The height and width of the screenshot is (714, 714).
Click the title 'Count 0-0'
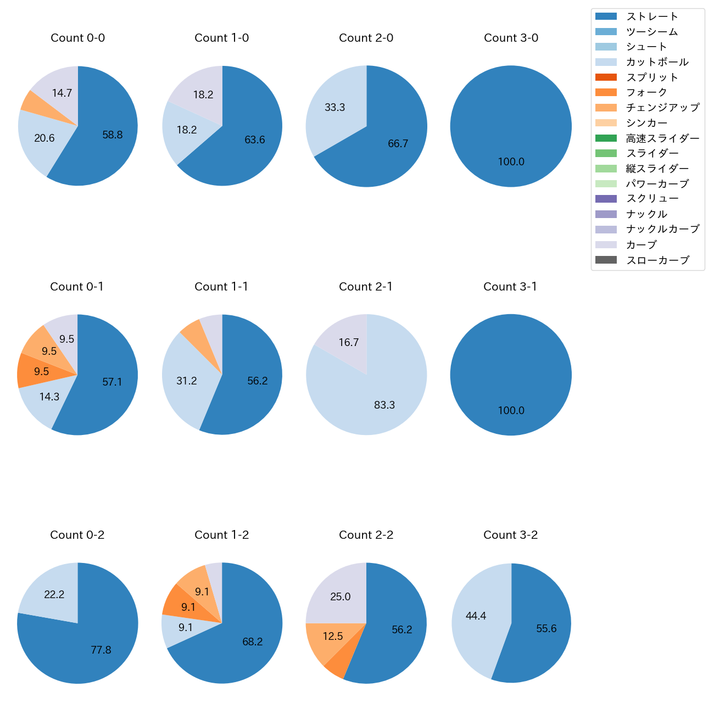click(77, 38)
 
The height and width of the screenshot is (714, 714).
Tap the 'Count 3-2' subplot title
click(510, 535)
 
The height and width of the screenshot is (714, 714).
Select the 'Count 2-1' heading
click(366, 287)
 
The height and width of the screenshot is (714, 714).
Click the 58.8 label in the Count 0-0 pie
click(113, 135)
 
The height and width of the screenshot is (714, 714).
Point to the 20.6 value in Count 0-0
click(44, 138)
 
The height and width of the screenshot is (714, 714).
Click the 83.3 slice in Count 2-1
click(384, 405)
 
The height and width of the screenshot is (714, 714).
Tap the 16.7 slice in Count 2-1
click(349, 343)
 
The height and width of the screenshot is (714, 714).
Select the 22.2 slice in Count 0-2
click(54, 594)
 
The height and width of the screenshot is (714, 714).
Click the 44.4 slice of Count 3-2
click(476, 616)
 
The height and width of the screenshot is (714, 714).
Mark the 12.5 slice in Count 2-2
click(333, 637)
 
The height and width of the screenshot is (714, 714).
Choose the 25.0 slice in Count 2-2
click(341, 597)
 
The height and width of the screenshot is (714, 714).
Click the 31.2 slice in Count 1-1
click(187, 381)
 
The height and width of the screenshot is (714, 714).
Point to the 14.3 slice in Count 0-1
click(49, 397)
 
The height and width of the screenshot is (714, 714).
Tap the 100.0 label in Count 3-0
click(511, 162)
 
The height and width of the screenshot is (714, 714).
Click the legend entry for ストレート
click(652, 16)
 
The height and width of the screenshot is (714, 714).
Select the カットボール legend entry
click(657, 62)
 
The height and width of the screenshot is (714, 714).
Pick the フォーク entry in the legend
click(646, 92)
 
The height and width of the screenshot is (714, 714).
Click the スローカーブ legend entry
click(657, 260)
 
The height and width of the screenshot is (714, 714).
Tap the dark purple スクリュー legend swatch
click(606, 199)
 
